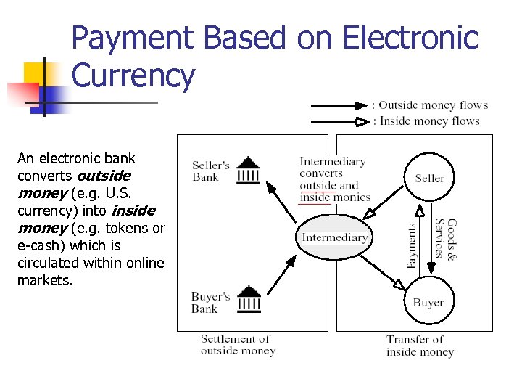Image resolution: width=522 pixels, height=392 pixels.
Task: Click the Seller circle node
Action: tap(429, 179)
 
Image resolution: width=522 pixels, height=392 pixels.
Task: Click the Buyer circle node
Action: tap(428, 302)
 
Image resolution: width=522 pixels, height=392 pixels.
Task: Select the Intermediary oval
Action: tap(335, 237)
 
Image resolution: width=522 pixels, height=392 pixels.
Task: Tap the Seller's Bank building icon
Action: tap(249, 170)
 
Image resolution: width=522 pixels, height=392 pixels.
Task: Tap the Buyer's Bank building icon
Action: tap(249, 298)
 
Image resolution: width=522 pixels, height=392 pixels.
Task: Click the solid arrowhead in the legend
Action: tap(361, 105)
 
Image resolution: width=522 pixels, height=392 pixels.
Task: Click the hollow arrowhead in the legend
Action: tap(361, 121)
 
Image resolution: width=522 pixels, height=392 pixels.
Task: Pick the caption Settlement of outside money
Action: tap(238, 345)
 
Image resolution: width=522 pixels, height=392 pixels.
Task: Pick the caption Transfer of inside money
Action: tap(420, 346)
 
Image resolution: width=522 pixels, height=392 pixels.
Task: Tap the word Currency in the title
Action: tap(133, 75)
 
